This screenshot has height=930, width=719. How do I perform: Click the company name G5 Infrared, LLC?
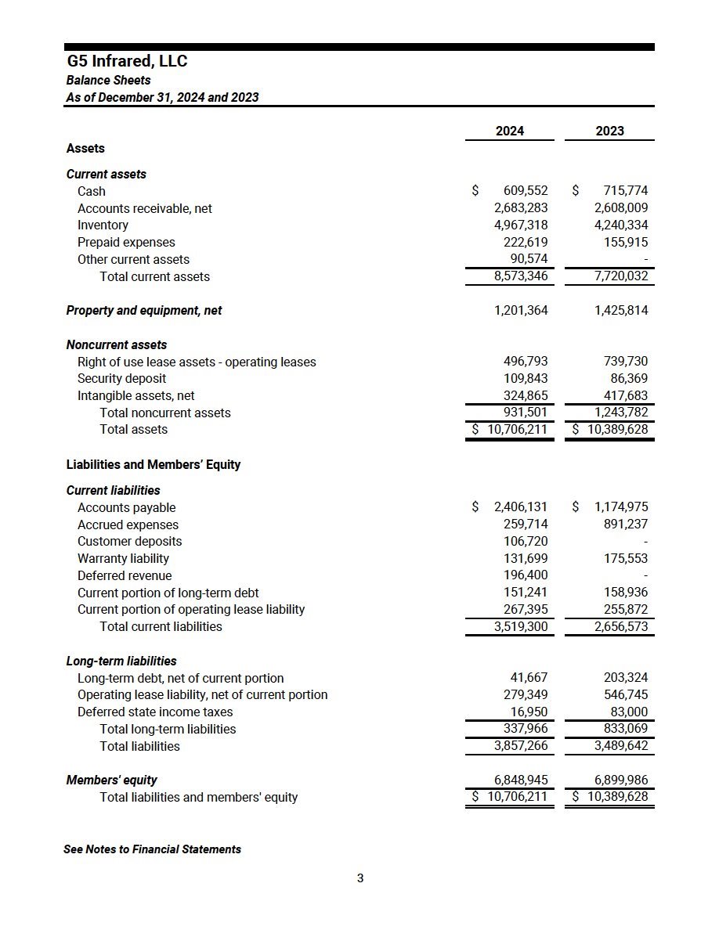(127, 61)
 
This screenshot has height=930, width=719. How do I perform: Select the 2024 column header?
(510, 131)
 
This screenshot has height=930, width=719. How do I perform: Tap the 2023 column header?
(609, 131)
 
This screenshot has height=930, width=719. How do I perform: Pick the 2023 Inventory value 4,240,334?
(621, 225)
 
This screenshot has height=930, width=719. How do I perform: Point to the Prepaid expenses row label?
(126, 243)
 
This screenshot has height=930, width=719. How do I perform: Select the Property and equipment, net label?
(144, 311)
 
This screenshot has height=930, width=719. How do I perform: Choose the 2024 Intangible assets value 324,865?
(526, 396)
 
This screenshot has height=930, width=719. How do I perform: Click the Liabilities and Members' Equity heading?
(154, 465)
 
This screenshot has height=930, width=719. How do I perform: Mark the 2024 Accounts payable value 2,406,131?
(521, 507)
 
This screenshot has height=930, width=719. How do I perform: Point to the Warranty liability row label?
(123, 559)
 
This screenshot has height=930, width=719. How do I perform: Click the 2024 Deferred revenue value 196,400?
(526, 576)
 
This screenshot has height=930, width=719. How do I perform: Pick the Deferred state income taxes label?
(155, 712)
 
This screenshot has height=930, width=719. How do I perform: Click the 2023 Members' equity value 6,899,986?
(621, 780)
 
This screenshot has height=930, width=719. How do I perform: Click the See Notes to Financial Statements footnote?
(153, 849)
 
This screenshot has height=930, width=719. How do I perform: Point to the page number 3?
(360, 878)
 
